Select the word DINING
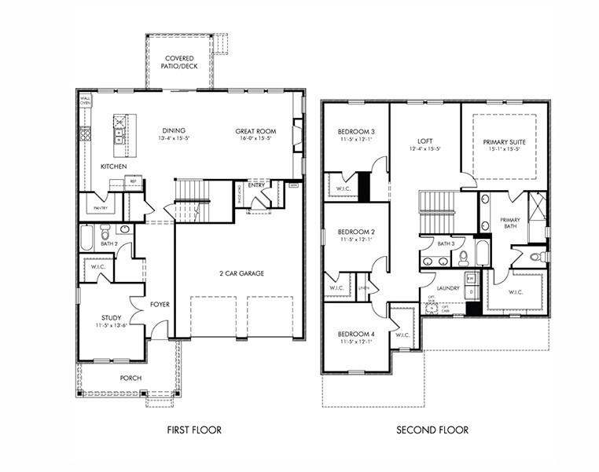point(174,131)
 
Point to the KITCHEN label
point(114,167)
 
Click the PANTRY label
point(101,208)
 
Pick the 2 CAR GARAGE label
point(241,273)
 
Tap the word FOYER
point(160,304)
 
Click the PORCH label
point(130,378)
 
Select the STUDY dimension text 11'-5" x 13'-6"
point(110,325)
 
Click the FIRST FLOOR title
point(194,430)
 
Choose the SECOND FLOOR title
point(432,430)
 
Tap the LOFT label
point(425,141)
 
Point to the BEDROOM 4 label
point(356,335)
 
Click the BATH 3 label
point(446,244)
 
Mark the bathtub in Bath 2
point(87,237)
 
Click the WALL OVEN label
point(85,101)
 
